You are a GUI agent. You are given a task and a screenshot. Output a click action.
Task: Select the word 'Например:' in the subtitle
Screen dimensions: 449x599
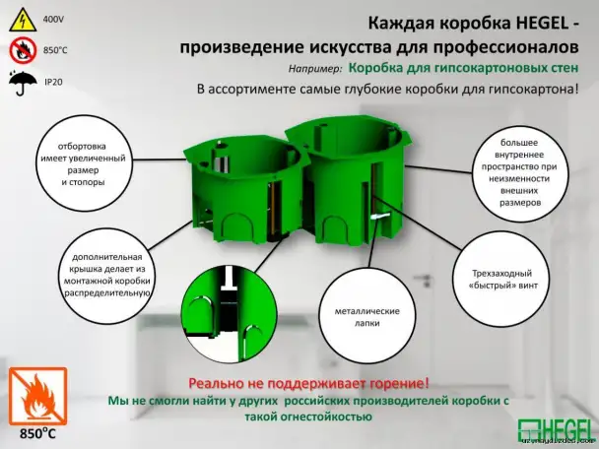[x=316, y=70]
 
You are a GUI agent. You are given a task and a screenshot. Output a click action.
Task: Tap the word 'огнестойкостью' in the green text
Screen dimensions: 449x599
[x=325, y=417]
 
